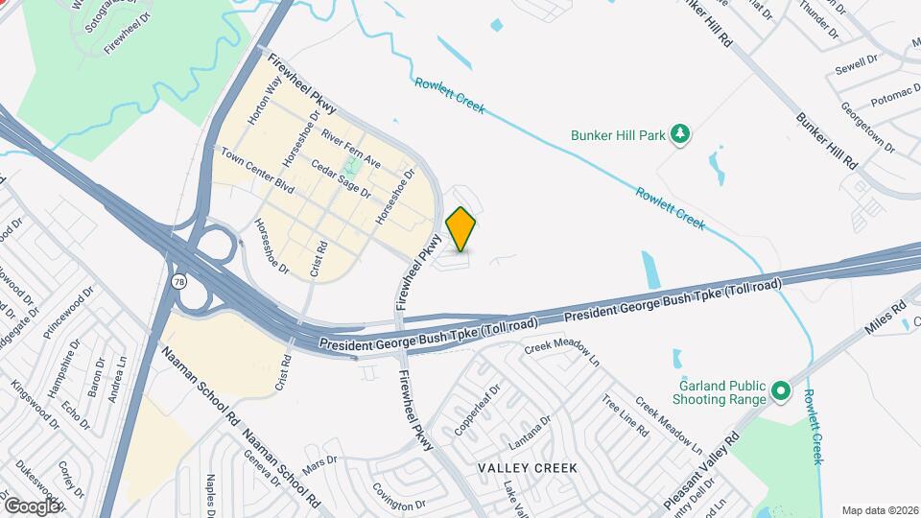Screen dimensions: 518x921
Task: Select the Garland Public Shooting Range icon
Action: pyautogui.click(x=780, y=391)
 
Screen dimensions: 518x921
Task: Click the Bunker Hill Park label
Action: pyautogui.click(x=618, y=136)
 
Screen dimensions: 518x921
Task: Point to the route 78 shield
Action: pyautogui.click(x=178, y=281)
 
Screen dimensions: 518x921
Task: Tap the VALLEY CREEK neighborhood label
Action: pyautogui.click(x=528, y=468)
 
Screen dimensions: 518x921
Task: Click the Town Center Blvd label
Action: pyautogui.click(x=256, y=167)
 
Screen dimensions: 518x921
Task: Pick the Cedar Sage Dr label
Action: pyautogui.click(x=341, y=179)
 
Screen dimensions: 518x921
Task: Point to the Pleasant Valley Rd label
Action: pyautogui.click(x=701, y=471)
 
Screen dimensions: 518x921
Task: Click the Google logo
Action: pyautogui.click(x=32, y=506)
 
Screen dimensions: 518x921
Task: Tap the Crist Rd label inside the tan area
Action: pyautogui.click(x=319, y=260)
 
